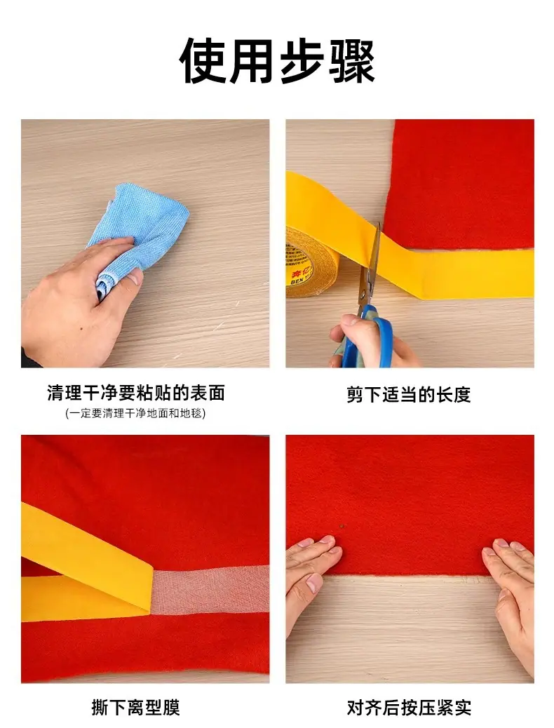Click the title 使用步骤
277,61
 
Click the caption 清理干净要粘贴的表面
135,393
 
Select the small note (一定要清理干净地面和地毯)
135,413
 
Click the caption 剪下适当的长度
409,395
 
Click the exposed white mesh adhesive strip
210,590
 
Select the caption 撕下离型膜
135,708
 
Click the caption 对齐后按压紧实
409,708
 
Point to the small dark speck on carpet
343,527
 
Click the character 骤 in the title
351,61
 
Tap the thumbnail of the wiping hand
137,278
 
